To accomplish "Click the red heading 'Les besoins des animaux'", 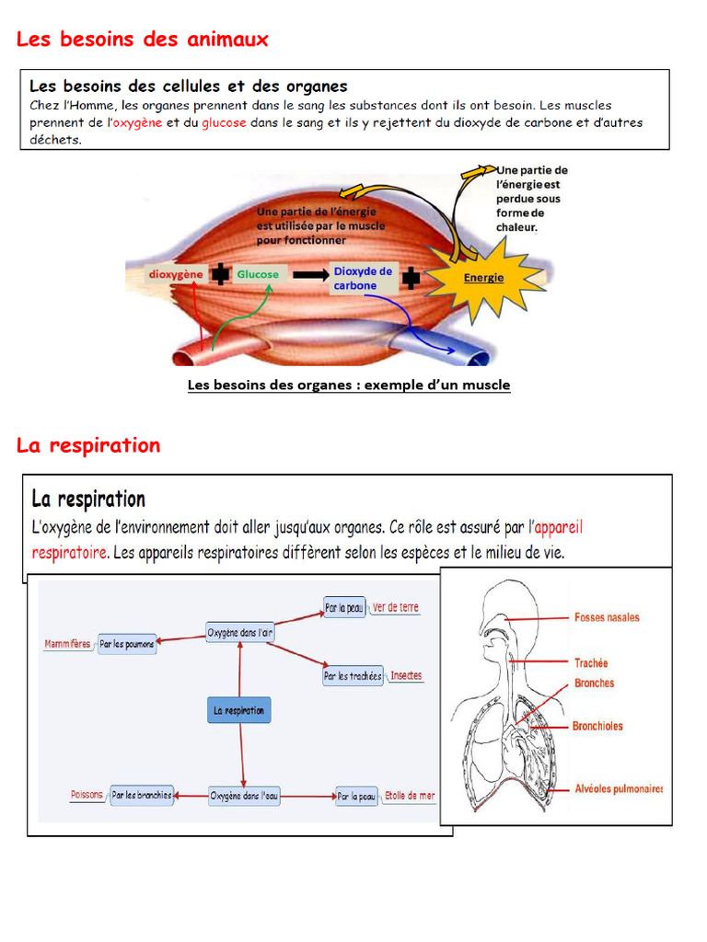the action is (x=143, y=39).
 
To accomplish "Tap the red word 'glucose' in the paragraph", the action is (x=224, y=122).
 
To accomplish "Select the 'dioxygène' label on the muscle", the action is (x=176, y=274).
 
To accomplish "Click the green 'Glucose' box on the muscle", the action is (x=258, y=274).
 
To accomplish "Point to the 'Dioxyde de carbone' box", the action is (x=363, y=278).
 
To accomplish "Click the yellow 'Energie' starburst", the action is (x=484, y=278).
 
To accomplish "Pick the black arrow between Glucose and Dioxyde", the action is (x=311, y=275).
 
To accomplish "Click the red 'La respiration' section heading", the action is (x=88, y=445).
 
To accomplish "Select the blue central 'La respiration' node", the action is (x=238, y=711).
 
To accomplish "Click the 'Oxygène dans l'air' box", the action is (x=240, y=633).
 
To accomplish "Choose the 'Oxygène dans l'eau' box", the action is (x=243, y=796).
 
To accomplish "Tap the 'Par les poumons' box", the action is (x=127, y=644).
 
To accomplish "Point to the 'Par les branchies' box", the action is (x=142, y=796).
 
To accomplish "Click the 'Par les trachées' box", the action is (x=353, y=676).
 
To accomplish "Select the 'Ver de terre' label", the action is (x=396, y=607).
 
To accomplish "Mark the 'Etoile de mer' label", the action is (x=410, y=796).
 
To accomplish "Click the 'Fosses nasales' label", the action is (x=607, y=617).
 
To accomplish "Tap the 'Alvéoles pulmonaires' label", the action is (x=619, y=788).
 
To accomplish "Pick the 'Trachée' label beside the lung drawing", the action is (x=591, y=663).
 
